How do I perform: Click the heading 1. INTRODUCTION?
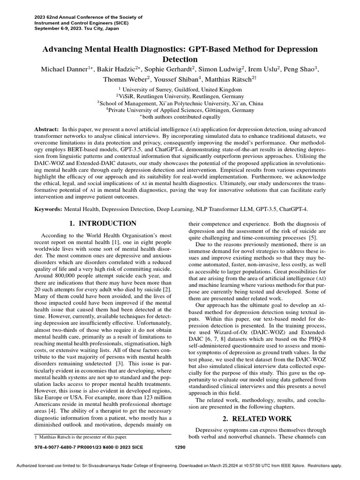click(x=103, y=224)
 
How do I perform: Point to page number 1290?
click(x=180, y=447)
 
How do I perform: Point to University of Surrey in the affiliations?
click(x=144, y=89)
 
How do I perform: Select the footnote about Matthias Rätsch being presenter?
click(x=82, y=437)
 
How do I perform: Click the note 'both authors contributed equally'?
click(x=181, y=117)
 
